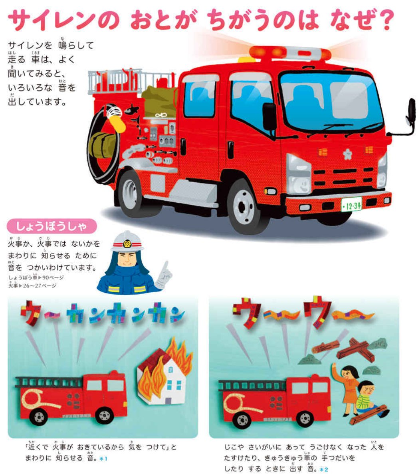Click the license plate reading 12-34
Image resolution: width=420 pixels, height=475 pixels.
pyautogui.click(x=351, y=206)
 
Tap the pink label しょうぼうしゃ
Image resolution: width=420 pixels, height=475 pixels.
pyautogui.click(x=52, y=226)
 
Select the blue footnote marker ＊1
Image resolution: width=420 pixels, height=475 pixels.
pyautogui.click(x=103, y=459)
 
